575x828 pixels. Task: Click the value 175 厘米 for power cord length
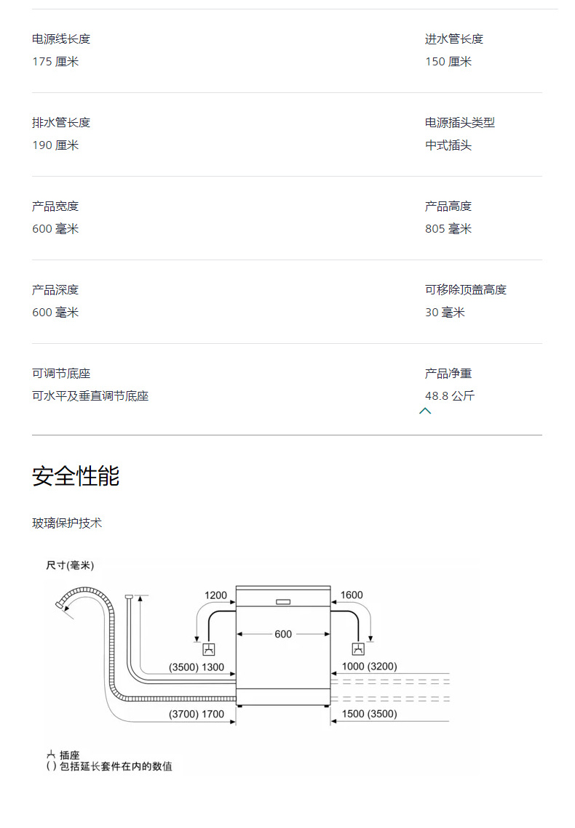click(x=55, y=62)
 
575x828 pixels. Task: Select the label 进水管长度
click(x=454, y=39)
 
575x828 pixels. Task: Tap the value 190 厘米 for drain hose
click(x=55, y=145)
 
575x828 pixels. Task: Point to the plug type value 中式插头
click(x=448, y=145)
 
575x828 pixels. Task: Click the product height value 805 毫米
click(x=448, y=229)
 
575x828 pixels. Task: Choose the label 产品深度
click(x=55, y=290)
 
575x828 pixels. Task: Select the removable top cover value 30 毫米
click(x=445, y=312)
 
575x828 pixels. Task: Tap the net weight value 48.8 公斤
click(x=450, y=395)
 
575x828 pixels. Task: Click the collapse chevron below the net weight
click(x=425, y=411)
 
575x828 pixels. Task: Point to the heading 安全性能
click(x=76, y=475)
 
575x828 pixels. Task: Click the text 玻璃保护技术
click(x=67, y=523)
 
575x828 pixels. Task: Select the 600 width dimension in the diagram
click(x=283, y=634)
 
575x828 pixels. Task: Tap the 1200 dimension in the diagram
click(x=215, y=595)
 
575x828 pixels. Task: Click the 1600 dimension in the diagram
click(x=352, y=595)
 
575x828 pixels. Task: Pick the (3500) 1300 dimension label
click(x=197, y=667)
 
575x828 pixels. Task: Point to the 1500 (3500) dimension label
click(x=370, y=713)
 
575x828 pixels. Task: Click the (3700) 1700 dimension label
click(x=197, y=714)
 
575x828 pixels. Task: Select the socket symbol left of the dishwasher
click(x=210, y=649)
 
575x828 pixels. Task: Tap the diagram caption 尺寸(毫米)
click(x=70, y=565)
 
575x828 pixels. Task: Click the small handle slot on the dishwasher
click(x=283, y=601)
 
